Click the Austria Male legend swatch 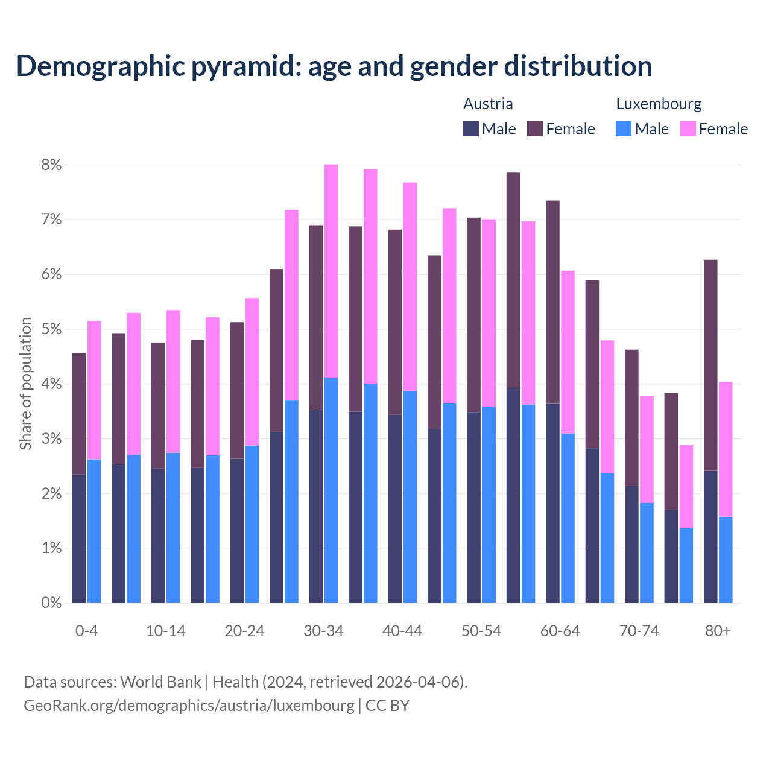471,128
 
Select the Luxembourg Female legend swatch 688,128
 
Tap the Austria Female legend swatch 535,128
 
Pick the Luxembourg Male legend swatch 624,128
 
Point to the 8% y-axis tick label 51,165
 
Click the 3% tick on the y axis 51,439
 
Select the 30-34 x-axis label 323,631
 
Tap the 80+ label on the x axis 718,631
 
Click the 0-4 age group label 86,631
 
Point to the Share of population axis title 25,384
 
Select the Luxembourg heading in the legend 659,104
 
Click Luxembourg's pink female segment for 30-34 331,271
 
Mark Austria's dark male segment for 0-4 79,539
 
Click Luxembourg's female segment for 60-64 568,352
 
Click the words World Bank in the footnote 160,682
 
